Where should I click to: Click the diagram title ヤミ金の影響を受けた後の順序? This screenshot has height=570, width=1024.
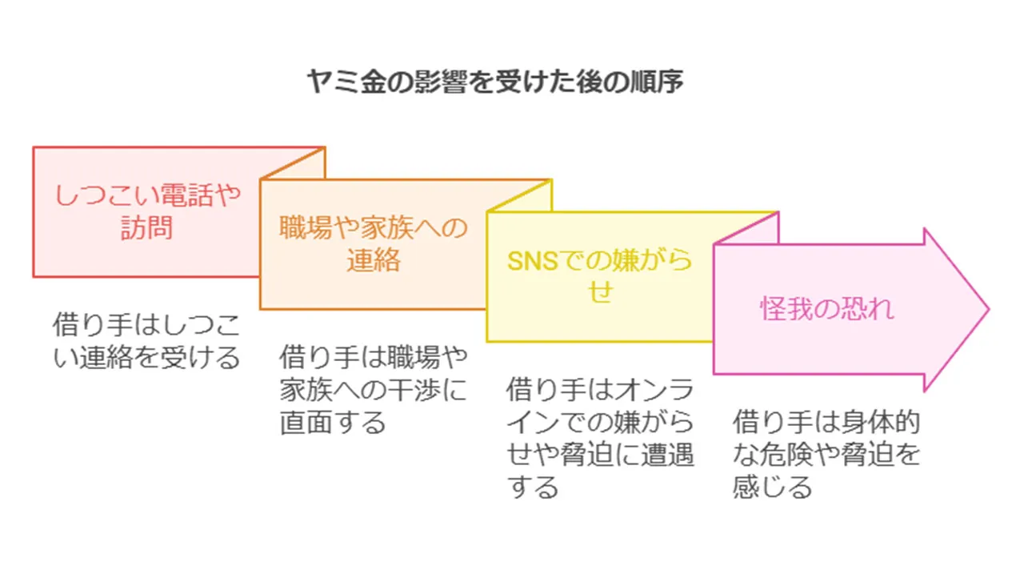(495, 82)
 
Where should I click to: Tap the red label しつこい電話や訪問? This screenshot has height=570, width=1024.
(146, 211)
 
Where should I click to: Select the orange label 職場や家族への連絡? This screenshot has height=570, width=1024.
(373, 244)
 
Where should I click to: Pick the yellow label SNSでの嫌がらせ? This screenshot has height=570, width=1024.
(600, 276)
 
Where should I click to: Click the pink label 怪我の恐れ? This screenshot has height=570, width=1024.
(827, 309)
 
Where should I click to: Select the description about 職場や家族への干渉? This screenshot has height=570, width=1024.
(373, 388)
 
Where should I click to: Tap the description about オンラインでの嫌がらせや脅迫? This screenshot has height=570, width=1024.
(600, 438)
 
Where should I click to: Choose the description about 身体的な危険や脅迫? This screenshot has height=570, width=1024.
(827, 454)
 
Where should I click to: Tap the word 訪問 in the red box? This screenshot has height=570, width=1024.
(146, 228)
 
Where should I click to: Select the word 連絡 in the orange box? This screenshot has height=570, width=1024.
(373, 261)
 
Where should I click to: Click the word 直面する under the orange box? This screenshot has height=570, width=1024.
(333, 422)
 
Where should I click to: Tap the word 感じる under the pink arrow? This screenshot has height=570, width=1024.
(773, 487)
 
